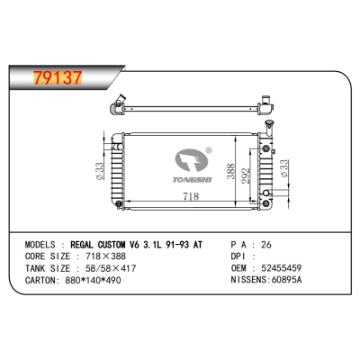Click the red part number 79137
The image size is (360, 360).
click(58, 78)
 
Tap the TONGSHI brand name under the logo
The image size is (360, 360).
click(192, 180)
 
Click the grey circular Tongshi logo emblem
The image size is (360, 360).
click(192, 160)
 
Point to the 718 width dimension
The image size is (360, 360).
click(191, 196)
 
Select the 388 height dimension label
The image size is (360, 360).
click(230, 171)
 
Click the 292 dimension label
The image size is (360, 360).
click(246, 175)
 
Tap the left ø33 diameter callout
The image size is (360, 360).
click(100, 171)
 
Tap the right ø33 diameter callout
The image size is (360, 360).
click(283, 168)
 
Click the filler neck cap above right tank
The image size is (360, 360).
click(268, 122)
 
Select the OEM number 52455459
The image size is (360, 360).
click(282, 268)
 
